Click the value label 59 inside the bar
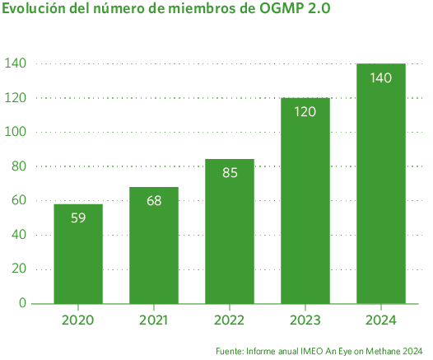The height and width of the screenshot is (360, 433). pyautogui.click(x=78, y=218)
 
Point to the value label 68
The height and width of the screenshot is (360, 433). pyautogui.click(x=154, y=201)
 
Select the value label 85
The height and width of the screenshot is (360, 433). pyautogui.click(x=230, y=173)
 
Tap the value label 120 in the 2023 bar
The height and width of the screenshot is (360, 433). pyautogui.click(x=305, y=111)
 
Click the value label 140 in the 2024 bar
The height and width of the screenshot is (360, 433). pyautogui.click(x=381, y=77)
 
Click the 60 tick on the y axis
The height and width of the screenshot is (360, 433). pyautogui.click(x=19, y=200)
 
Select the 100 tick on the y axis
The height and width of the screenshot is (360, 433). pyautogui.click(x=16, y=132)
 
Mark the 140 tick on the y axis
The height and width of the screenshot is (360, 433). pyautogui.click(x=16, y=63)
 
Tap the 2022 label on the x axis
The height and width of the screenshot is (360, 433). pyautogui.click(x=230, y=320)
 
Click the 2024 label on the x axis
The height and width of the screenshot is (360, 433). pyautogui.click(x=381, y=320)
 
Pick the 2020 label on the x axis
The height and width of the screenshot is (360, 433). pyautogui.click(x=78, y=320)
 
